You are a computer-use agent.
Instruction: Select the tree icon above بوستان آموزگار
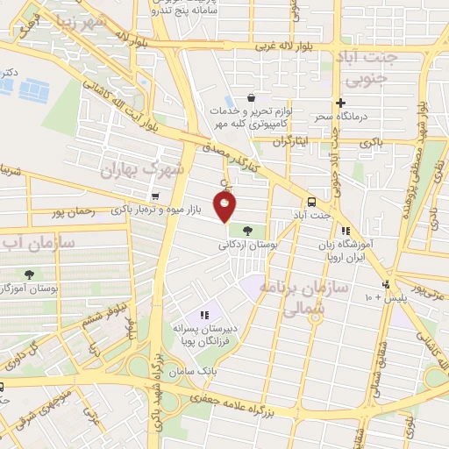[x=29, y=274]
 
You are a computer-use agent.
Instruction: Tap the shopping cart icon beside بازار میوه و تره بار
[x=155, y=196]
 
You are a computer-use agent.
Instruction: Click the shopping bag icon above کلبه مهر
[x=252, y=98]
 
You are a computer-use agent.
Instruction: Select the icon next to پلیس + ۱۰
[x=386, y=285]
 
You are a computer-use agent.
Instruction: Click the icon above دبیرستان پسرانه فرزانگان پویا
[x=205, y=314]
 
